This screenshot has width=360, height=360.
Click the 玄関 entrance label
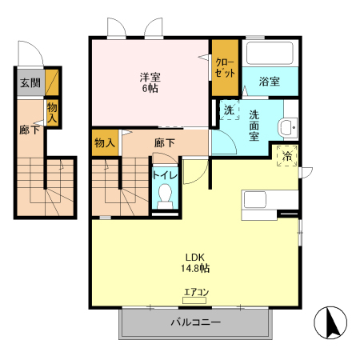(x=30, y=83)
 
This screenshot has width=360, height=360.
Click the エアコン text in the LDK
(x=196, y=292)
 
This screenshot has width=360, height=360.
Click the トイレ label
(x=165, y=174)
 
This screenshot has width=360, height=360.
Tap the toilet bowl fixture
(x=166, y=194)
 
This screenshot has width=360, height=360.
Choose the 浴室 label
(x=270, y=82)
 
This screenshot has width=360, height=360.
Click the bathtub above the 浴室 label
(x=270, y=55)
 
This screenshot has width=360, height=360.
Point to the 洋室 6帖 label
(x=150, y=83)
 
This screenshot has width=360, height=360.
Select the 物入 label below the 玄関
(x=53, y=111)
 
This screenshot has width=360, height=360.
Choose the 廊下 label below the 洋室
(x=164, y=142)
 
